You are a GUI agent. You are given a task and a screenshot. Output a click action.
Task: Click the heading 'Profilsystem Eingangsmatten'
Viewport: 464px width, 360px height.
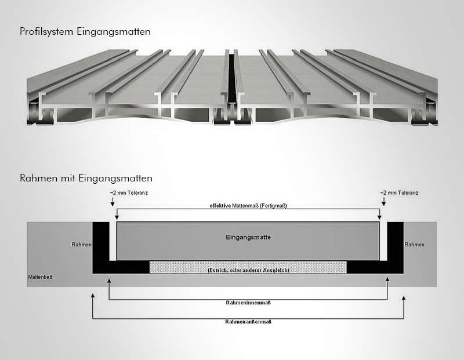click(85, 32)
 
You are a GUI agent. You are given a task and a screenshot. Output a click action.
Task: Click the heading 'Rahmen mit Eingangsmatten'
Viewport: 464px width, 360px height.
click(86, 178)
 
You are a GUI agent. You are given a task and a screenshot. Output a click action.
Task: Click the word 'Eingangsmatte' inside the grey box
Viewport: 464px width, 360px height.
click(248, 237)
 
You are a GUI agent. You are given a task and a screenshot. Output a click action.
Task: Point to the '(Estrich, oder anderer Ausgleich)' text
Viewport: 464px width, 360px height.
click(248, 270)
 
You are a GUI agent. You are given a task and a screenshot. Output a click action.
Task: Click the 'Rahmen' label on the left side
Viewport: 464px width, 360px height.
click(82, 245)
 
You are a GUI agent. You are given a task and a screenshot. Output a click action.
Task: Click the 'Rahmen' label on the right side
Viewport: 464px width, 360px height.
click(414, 245)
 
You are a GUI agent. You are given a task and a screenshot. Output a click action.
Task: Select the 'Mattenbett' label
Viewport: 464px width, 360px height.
click(40, 278)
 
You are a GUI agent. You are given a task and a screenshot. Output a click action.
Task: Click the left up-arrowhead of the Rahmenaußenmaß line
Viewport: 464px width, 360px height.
click(93, 296)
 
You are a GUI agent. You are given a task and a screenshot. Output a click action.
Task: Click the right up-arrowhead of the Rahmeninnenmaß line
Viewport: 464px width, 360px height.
click(387, 281)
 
